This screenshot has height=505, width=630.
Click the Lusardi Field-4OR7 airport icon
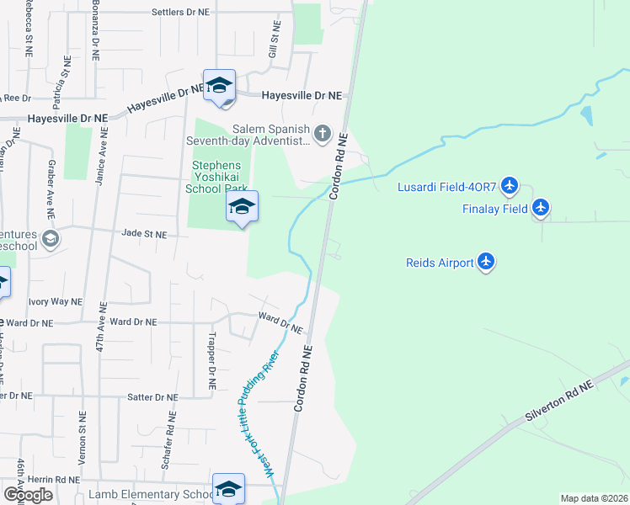click(509, 184)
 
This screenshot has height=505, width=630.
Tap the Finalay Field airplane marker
click(540, 208)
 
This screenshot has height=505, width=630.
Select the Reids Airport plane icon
click(485, 263)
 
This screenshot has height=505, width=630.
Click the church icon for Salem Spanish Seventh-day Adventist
click(322, 134)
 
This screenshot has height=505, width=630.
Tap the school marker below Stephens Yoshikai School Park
click(242, 207)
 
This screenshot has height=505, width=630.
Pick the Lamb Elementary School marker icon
click(228, 489)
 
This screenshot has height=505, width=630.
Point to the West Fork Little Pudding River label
click(258, 414)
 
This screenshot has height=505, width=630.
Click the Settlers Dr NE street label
click(192, 13)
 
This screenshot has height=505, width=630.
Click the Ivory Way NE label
click(56, 300)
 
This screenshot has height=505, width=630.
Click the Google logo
click(28, 494)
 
